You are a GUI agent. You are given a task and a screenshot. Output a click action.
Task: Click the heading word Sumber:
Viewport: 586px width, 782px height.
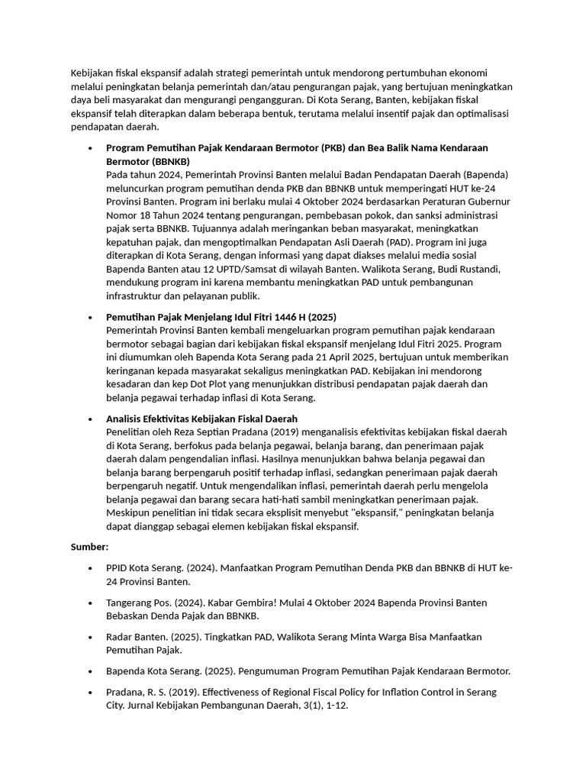click(x=90, y=547)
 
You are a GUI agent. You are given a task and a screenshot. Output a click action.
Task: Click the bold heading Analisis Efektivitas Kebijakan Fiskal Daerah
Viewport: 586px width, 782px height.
click(x=201, y=418)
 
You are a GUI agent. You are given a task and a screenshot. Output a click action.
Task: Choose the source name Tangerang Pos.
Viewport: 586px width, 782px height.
click(x=140, y=603)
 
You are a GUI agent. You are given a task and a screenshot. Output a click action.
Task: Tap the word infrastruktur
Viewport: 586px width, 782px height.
click(x=138, y=296)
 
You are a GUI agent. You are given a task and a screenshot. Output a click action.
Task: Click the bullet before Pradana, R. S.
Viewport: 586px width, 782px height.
click(x=91, y=693)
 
